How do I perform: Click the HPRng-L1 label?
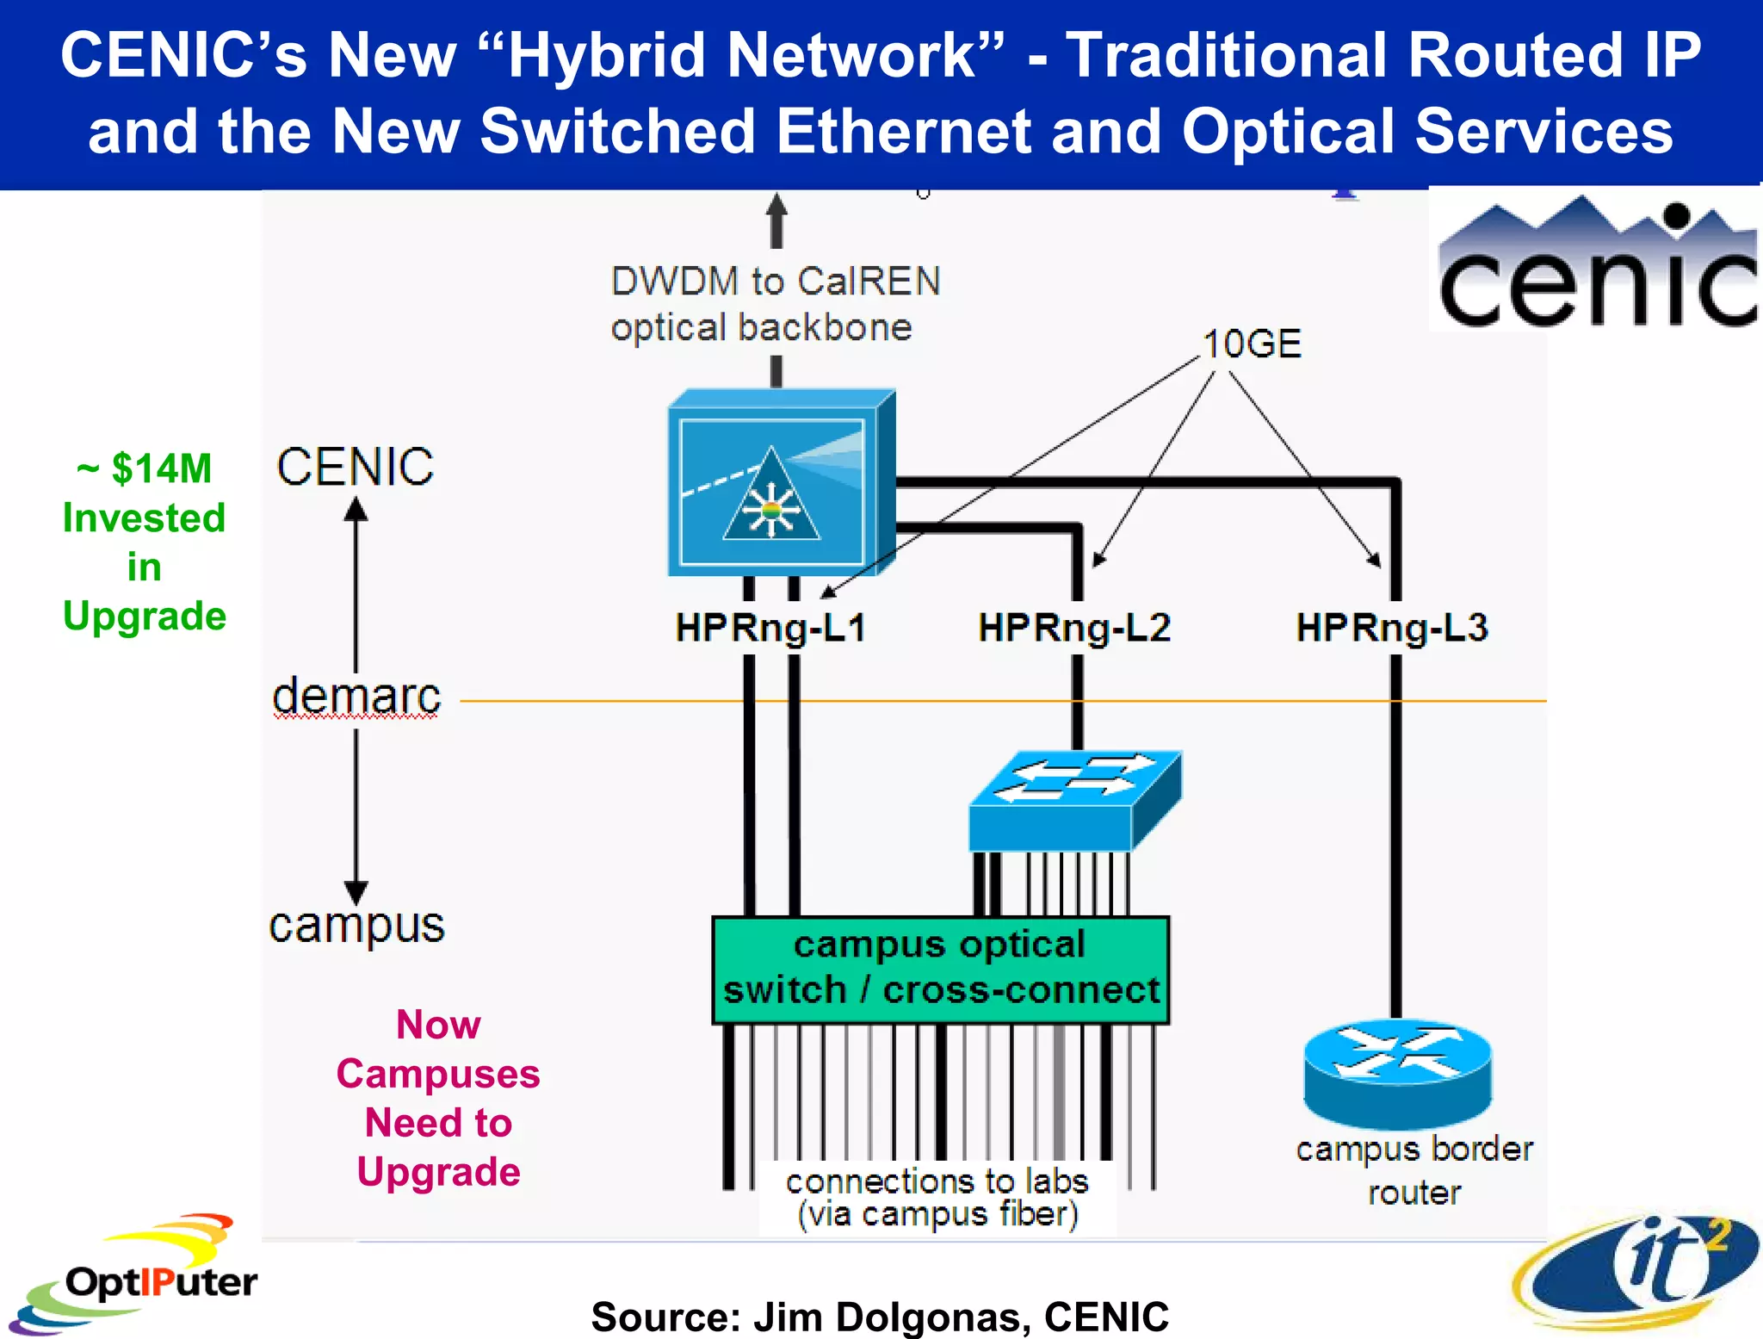click(x=770, y=628)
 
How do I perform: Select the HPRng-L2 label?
click(x=1073, y=628)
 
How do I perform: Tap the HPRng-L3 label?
click(x=1391, y=628)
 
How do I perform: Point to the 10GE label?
click(x=1251, y=344)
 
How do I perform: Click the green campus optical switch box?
click(x=940, y=970)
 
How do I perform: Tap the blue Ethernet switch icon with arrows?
click(x=1074, y=800)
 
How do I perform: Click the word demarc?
click(x=356, y=696)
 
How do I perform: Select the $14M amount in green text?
click(x=161, y=469)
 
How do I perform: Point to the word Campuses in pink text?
click(x=437, y=1074)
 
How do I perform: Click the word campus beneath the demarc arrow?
click(x=356, y=927)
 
